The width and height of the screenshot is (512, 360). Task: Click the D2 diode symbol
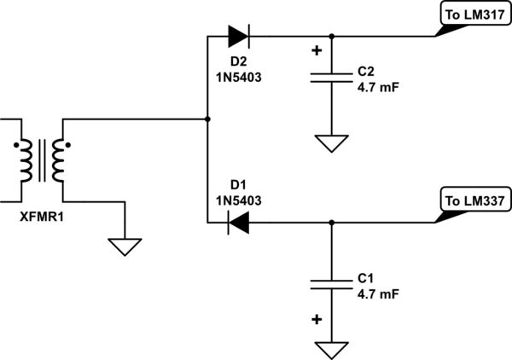tap(238, 37)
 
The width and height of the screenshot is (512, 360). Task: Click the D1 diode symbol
tap(238, 224)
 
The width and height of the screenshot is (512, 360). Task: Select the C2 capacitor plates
tap(331, 78)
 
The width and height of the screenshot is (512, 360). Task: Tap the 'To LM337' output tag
tap(472, 201)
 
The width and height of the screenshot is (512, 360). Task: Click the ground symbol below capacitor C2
tap(331, 142)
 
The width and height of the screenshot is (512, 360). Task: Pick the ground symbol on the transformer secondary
tap(125, 247)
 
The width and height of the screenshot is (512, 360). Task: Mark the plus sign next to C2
tap(317, 50)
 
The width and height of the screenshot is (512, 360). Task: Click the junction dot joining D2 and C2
tap(331, 37)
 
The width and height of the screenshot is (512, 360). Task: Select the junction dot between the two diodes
tap(208, 118)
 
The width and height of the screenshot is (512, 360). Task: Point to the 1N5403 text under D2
tap(238, 76)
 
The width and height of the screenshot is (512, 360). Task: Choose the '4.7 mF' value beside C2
tap(373, 85)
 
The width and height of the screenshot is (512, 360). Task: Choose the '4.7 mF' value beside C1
tap(373, 293)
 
